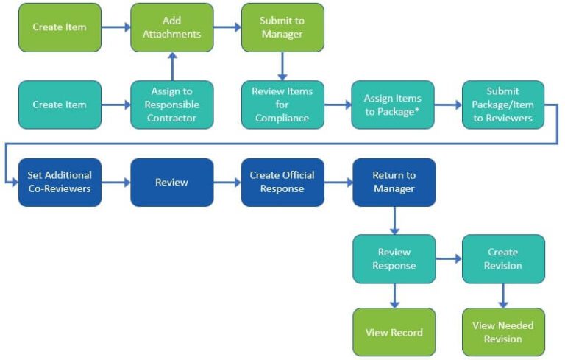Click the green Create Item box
click(60, 27)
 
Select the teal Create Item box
click(60, 105)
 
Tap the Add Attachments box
click(171, 27)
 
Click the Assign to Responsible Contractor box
click(171, 105)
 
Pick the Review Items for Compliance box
click(282, 105)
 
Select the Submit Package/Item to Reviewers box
click(503, 105)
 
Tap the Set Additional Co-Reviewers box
click(60, 182)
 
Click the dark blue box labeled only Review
click(171, 182)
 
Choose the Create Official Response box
click(282, 182)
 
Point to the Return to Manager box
click(394, 182)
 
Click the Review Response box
click(394, 258)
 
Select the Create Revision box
click(503, 258)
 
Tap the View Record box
click(394, 332)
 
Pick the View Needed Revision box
click(503, 332)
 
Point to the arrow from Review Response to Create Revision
click(448, 258)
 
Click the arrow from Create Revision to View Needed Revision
click(503, 295)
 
